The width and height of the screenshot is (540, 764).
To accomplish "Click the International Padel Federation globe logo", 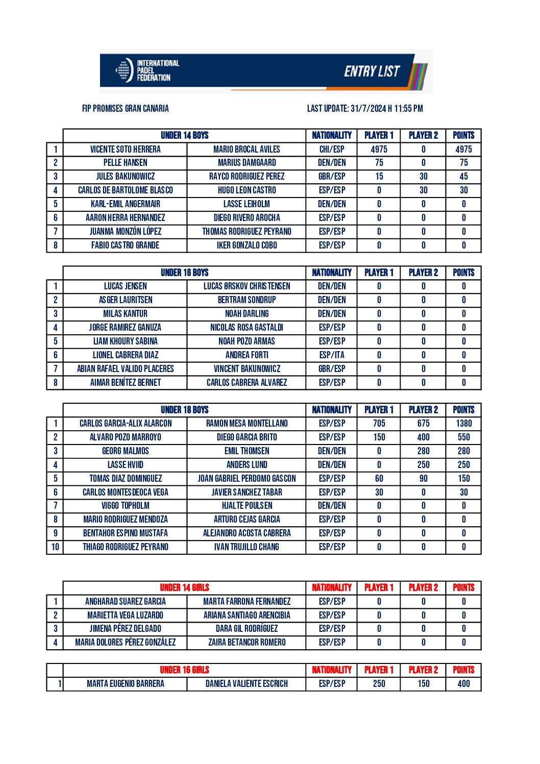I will coord(124,70).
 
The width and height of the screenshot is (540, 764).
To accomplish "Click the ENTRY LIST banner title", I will coord(372,71).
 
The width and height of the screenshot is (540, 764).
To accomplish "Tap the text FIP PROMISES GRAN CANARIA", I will coord(126,108).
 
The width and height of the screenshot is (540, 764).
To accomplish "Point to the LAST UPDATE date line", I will coord(365,108).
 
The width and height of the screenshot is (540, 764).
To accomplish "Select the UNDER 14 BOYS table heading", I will coord(184,135).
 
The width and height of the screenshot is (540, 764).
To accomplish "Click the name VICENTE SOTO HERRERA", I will coord(126,149).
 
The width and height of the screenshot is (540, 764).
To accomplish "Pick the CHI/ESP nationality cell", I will coord(332,149).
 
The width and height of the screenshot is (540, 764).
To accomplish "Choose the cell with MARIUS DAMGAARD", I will coord(247,163).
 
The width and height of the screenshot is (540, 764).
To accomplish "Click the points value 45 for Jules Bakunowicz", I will coord(463,177).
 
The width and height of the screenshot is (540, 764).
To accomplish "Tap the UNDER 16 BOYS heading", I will coord(184,273).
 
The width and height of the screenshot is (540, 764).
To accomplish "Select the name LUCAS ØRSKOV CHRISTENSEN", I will coord(247,286).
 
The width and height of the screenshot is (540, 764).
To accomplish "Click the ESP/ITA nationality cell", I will coord(332,355).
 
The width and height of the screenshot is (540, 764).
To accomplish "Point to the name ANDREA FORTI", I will coord(247,355).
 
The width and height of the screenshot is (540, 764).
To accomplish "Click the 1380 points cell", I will coord(463,423).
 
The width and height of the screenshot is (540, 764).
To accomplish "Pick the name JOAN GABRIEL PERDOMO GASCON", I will coord(247,478).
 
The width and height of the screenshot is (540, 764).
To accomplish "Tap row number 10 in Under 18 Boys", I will coord(55,547).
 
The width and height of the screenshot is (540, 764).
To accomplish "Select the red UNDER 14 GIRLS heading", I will coord(184,587).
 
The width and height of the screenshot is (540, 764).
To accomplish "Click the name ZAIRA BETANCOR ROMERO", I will coord(247,642).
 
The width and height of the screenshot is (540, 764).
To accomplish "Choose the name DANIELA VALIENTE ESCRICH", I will coord(247,683).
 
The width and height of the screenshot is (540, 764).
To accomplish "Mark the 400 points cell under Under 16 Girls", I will coord(463,683).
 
